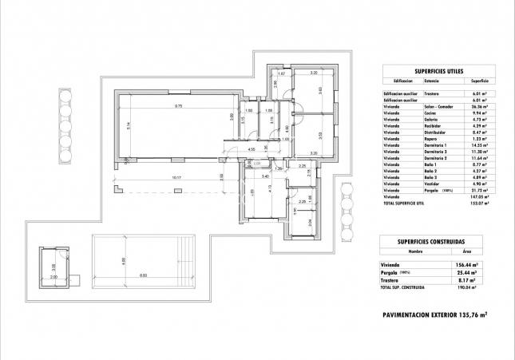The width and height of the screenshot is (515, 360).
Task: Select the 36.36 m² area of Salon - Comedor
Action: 478,106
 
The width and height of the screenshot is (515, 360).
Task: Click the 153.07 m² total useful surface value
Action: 477,204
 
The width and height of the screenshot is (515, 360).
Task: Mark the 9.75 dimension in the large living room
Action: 180,106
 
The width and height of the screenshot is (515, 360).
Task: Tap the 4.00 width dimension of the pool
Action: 122,260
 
